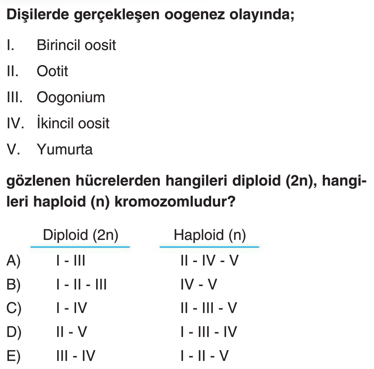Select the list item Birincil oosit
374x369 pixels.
click(76, 45)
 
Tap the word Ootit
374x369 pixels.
click(52, 71)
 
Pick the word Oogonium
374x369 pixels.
click(71, 97)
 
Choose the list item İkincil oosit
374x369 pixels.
click(73, 124)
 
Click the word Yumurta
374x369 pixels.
click(65, 150)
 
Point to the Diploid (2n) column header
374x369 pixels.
click(80, 235)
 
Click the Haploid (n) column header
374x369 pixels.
click(209, 235)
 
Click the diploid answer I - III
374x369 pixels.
click(71, 261)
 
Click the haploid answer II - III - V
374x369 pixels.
click(209, 308)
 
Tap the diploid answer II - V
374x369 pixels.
click(73, 332)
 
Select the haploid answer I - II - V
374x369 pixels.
click(205, 356)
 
